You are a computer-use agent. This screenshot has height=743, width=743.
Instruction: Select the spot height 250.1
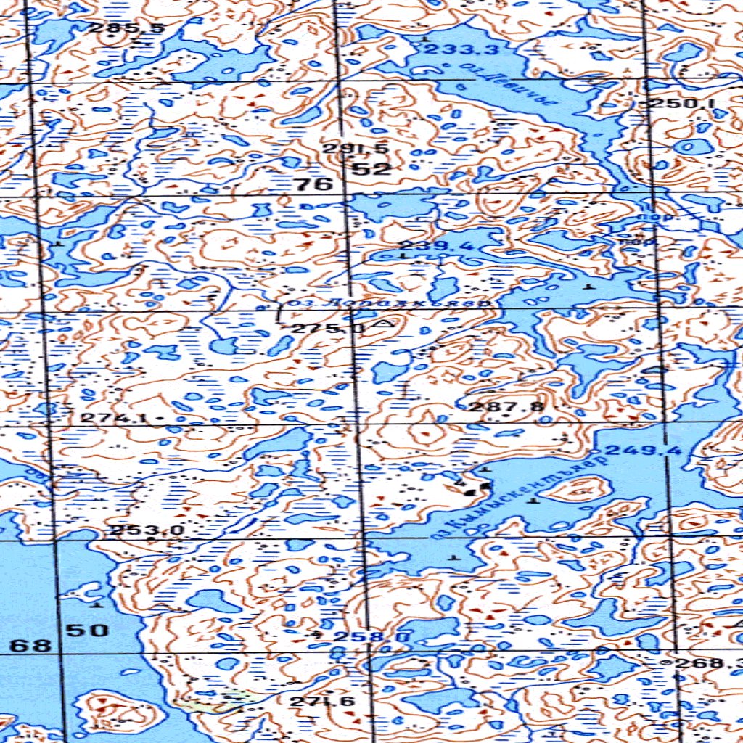click(682, 104)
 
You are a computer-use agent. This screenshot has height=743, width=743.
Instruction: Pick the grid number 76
click(314, 184)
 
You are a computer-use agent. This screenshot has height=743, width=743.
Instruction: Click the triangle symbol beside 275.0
click(382, 324)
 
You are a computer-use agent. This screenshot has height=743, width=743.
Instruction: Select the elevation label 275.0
click(328, 329)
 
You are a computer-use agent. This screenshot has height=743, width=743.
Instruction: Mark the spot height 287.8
click(506, 406)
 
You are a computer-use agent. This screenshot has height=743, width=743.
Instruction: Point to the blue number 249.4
click(644, 451)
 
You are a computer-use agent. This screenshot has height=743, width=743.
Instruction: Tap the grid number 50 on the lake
click(88, 630)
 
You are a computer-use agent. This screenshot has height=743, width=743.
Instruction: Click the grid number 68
click(32, 645)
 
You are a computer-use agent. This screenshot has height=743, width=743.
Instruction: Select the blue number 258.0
click(361, 637)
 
